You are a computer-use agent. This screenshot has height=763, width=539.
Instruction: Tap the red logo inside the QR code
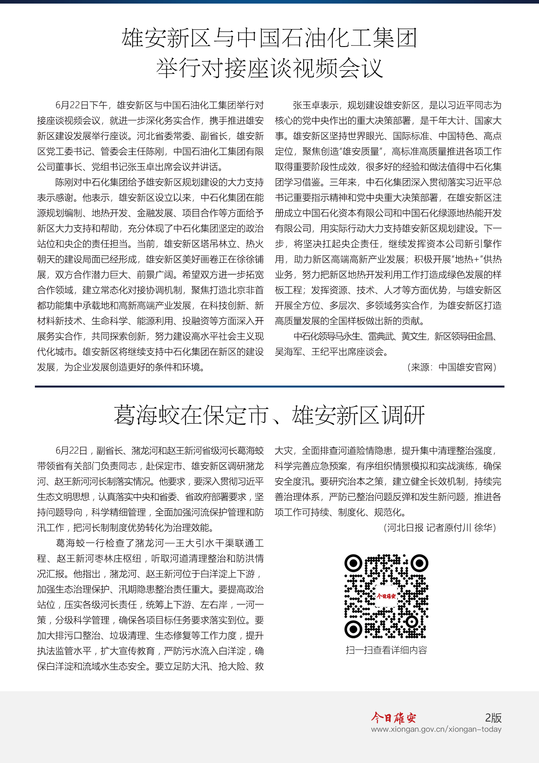(x=386, y=596)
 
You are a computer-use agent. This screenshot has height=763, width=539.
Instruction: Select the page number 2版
(x=493, y=718)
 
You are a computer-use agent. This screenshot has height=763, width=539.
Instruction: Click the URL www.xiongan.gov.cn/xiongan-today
(x=436, y=729)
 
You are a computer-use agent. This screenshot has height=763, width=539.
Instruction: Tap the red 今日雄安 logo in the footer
(x=393, y=718)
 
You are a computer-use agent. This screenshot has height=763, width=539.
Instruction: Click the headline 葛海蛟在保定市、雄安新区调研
(x=269, y=415)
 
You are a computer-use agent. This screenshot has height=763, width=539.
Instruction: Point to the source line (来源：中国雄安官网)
(x=452, y=367)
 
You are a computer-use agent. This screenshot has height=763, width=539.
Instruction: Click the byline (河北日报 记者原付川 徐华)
(x=439, y=528)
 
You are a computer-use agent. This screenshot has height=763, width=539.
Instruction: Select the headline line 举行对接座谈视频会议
(x=269, y=68)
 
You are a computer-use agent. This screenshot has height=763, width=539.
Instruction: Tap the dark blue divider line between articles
(x=269, y=387)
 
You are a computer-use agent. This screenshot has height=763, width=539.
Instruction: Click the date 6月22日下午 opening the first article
(x=81, y=105)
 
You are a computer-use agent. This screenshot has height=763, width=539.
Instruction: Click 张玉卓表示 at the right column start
(x=315, y=105)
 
